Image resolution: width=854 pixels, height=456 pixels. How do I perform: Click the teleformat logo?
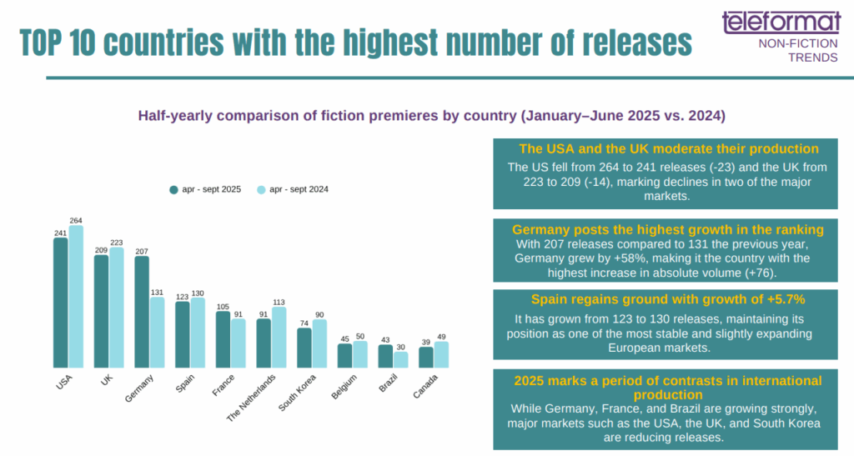pos(770,22)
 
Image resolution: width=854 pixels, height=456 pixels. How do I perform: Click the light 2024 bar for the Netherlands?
pos(279,338)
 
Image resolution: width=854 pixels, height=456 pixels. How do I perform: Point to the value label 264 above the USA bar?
pos(76,220)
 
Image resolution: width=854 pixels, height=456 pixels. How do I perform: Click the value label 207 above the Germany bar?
pos(142,251)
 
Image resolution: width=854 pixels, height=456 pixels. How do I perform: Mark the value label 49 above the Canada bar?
pos(441,337)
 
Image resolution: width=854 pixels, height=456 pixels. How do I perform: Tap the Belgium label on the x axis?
pos(344,388)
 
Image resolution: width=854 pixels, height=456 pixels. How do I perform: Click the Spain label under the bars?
pos(184,386)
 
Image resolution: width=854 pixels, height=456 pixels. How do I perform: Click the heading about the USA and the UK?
pos(668,149)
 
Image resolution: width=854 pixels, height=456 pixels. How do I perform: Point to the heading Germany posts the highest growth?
pos(668,229)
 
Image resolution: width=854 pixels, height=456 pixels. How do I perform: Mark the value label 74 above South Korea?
pos(304,323)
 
